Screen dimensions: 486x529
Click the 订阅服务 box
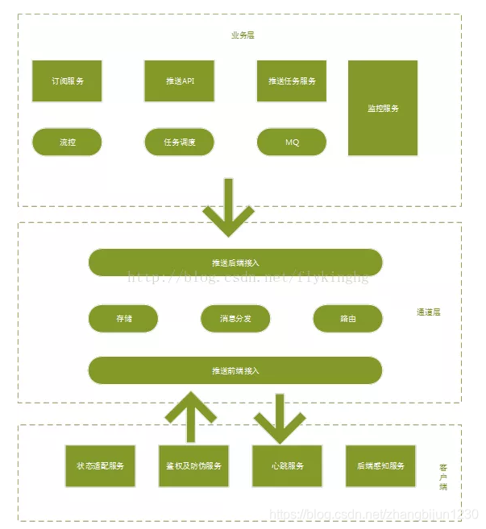(x=67, y=81)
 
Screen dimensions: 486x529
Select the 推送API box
(x=179, y=81)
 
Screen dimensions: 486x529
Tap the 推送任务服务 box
(x=292, y=81)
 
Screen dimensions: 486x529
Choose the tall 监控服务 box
(x=383, y=108)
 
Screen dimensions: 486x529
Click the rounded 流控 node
(x=67, y=142)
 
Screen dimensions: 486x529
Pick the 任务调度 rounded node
(x=179, y=142)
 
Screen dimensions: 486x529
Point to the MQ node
(x=292, y=142)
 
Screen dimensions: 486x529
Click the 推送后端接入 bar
(x=235, y=262)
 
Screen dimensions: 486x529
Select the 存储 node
(x=123, y=318)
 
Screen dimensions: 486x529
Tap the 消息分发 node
(x=235, y=318)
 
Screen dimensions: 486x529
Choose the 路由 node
(x=347, y=318)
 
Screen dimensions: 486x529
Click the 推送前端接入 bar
(x=235, y=370)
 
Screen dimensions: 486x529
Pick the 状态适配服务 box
(x=100, y=465)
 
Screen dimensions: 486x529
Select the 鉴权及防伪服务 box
(x=193, y=465)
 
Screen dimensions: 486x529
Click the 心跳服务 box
(x=287, y=465)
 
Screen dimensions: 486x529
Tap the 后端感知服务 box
(x=380, y=465)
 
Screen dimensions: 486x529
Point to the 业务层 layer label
(x=242, y=35)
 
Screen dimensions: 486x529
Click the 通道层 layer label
(x=428, y=312)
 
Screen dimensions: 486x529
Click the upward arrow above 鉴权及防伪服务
(x=191, y=415)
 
